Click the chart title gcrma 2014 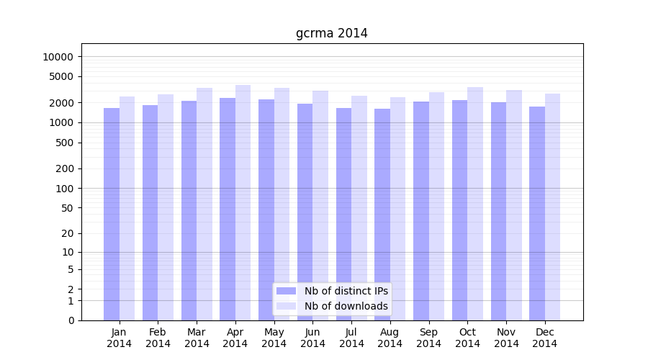tap(331, 33)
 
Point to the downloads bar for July tap(359, 208)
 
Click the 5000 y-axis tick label tap(61, 76)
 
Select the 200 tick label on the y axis tap(64, 168)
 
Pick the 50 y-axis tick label tap(67, 208)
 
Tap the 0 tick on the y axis tap(71, 320)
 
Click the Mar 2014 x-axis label tap(197, 338)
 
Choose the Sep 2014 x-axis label tap(428, 338)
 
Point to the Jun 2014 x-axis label tap(312, 338)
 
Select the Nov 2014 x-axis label tap(506, 338)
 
